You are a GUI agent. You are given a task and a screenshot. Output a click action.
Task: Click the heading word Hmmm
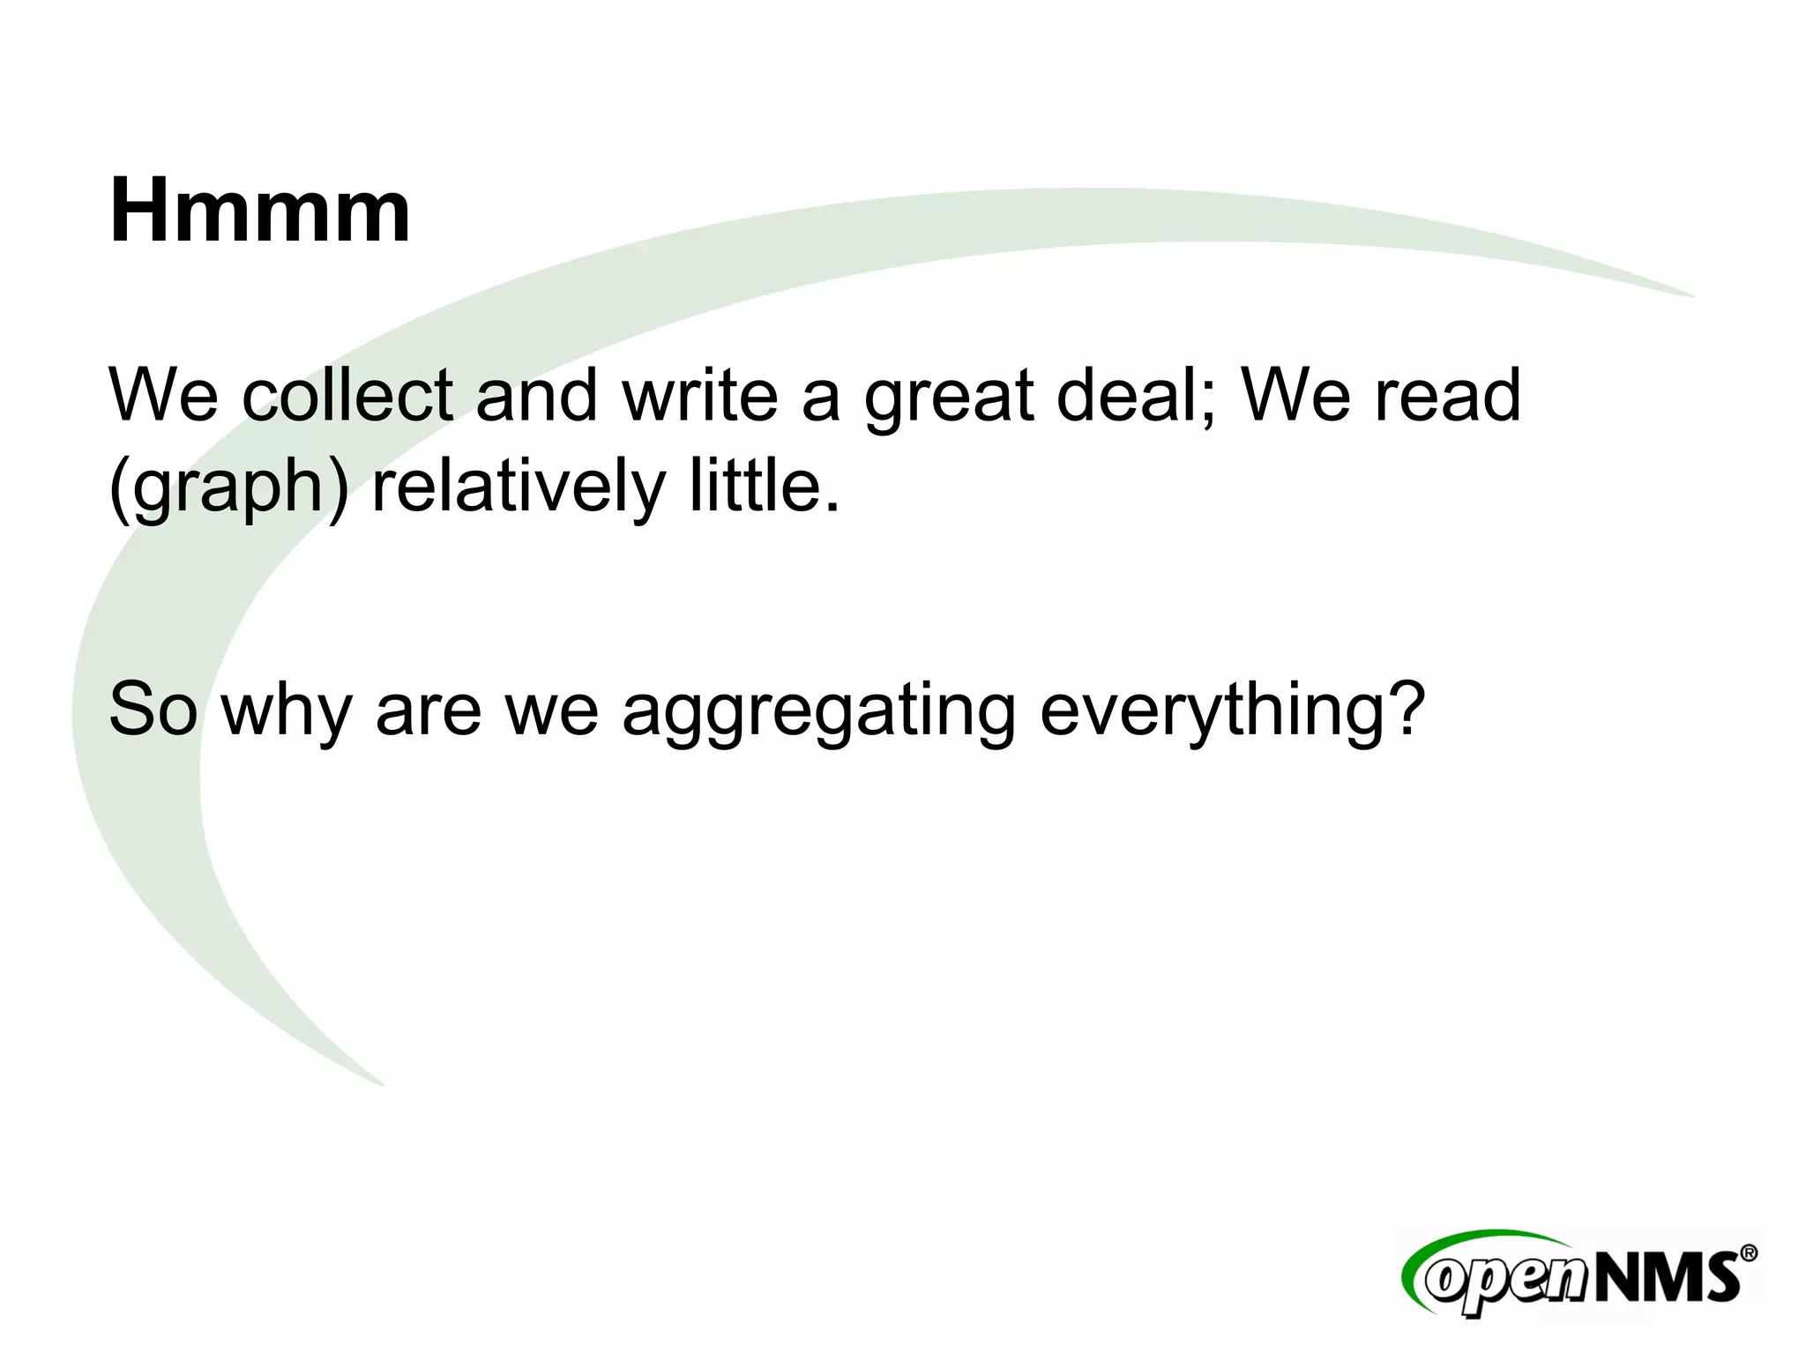pyautogui.click(x=259, y=212)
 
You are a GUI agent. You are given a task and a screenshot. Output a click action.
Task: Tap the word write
pyautogui.click(x=700, y=396)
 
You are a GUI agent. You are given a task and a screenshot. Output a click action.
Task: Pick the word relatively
pyautogui.click(x=518, y=487)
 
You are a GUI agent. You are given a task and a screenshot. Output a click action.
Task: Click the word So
pyautogui.click(x=153, y=710)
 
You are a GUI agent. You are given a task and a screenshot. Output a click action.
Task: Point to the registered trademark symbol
pyautogui.click(x=1748, y=1253)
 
